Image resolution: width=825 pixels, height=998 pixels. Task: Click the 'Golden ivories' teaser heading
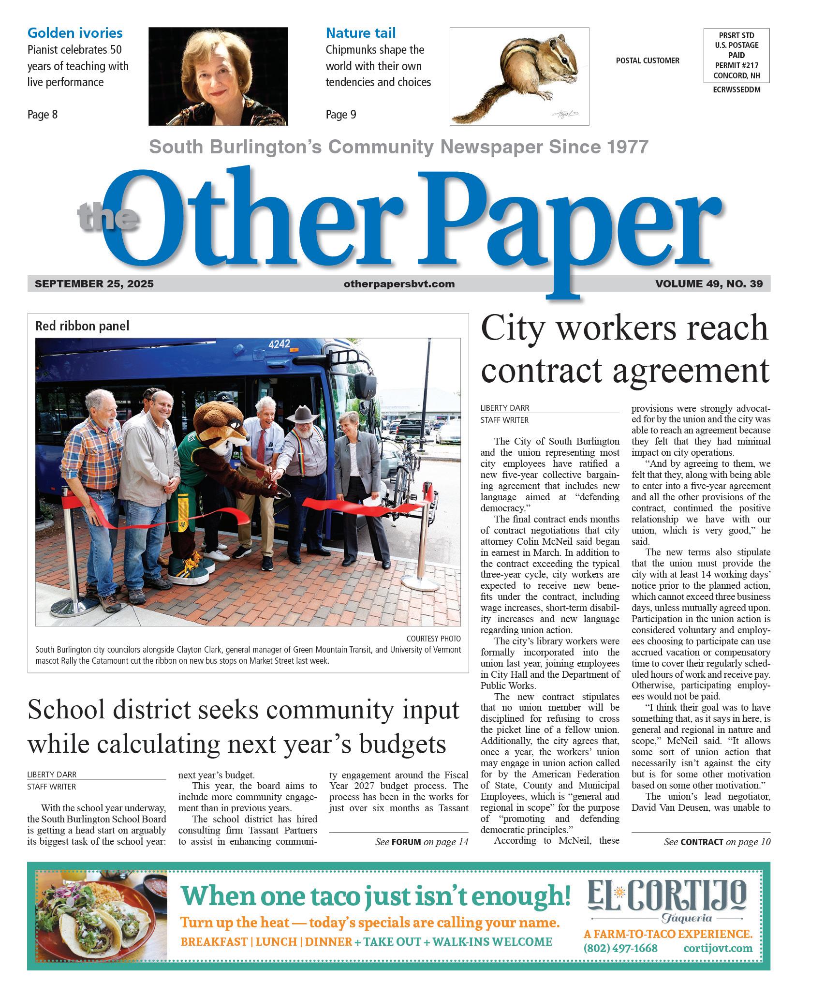pos(75,33)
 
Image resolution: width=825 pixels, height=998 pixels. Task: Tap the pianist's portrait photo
pos(218,76)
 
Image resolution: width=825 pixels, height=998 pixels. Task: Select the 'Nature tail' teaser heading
pos(360,33)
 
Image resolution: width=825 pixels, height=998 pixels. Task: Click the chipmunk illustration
pos(519,76)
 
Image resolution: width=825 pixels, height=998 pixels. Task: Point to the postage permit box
pos(737,56)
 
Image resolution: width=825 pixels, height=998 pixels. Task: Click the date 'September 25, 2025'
pos(94,284)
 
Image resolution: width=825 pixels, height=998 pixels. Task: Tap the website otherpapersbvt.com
pos(399,284)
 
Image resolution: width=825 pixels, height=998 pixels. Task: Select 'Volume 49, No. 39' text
pos(709,284)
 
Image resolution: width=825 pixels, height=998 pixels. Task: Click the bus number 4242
pos(279,344)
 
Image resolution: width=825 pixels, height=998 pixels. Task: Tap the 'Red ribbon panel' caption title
pos(82,326)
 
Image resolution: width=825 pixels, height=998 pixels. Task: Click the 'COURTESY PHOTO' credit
pos(433,639)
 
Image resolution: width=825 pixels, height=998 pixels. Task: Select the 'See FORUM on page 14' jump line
pos(422,842)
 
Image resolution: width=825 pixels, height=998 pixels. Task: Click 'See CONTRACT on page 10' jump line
pos(717,842)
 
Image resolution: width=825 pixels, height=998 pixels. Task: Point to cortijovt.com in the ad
pos(718,948)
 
